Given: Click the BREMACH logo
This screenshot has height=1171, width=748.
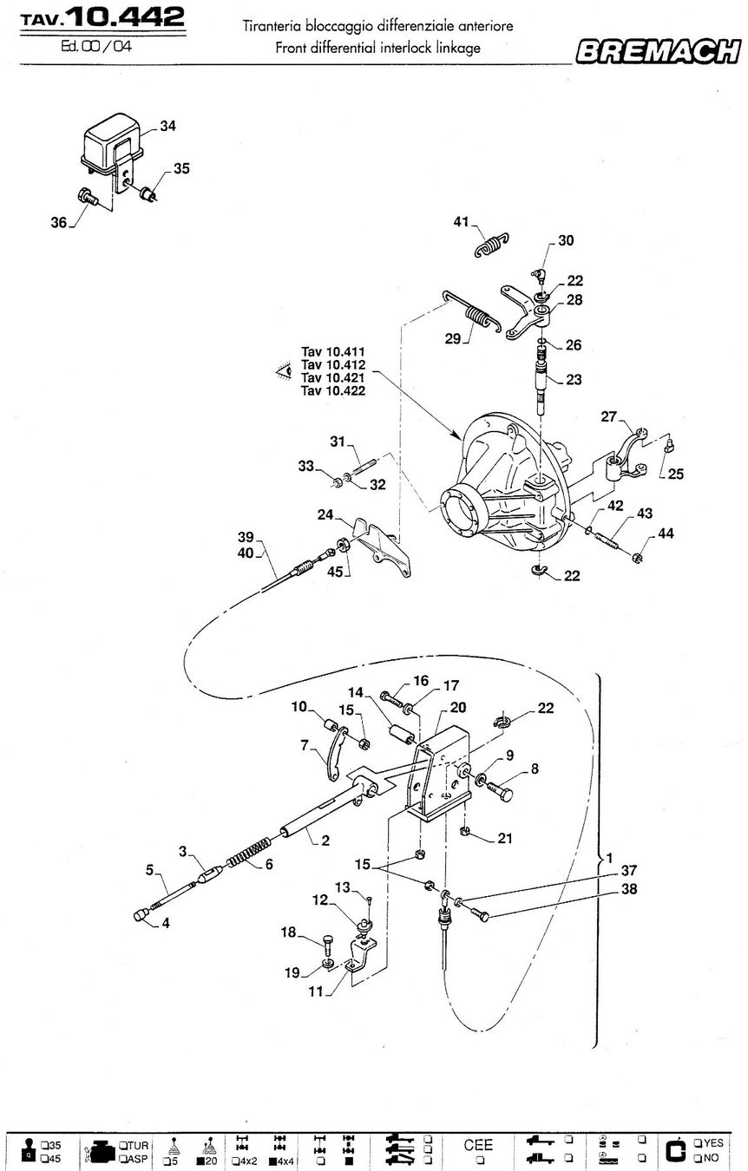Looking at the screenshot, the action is (x=659, y=51).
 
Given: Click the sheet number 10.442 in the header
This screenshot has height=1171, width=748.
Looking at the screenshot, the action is (x=127, y=16).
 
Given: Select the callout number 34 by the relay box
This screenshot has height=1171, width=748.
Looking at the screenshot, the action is (x=167, y=126).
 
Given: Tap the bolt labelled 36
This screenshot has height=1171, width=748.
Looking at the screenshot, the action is (x=88, y=197).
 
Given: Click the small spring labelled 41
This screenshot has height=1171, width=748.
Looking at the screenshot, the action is (x=492, y=244).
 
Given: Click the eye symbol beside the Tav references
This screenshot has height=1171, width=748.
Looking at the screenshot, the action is (x=284, y=371).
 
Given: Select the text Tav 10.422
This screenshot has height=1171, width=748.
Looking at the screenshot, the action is (x=332, y=391).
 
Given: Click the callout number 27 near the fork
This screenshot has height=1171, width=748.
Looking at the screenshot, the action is (x=608, y=416).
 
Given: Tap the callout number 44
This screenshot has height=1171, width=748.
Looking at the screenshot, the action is (x=666, y=533).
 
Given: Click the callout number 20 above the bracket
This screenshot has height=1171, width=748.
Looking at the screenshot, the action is (x=458, y=708).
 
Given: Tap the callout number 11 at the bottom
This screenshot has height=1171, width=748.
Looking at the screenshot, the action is (x=315, y=991).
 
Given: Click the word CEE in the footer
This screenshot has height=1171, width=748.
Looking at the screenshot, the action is (x=478, y=1144).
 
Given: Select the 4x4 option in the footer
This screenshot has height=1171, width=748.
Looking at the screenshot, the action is (x=281, y=1161).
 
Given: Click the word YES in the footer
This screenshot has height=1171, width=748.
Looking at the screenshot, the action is (x=713, y=1142).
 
